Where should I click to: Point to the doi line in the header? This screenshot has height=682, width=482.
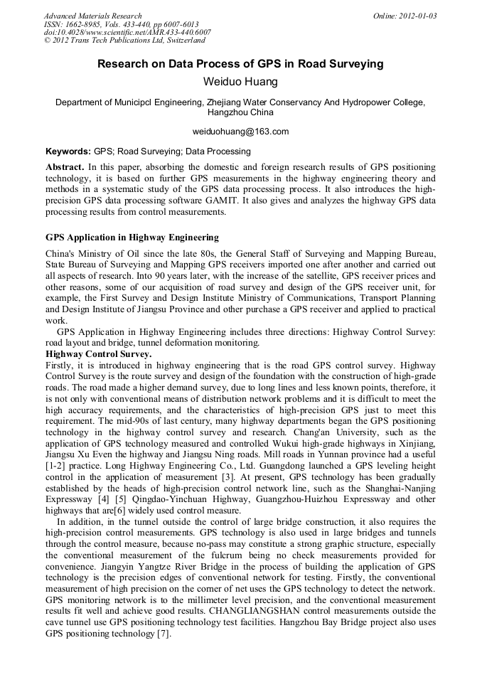click(x=127, y=33)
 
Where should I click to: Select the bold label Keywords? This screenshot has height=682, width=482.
click(x=68, y=151)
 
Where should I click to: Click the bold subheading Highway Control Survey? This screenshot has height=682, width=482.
click(x=98, y=353)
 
